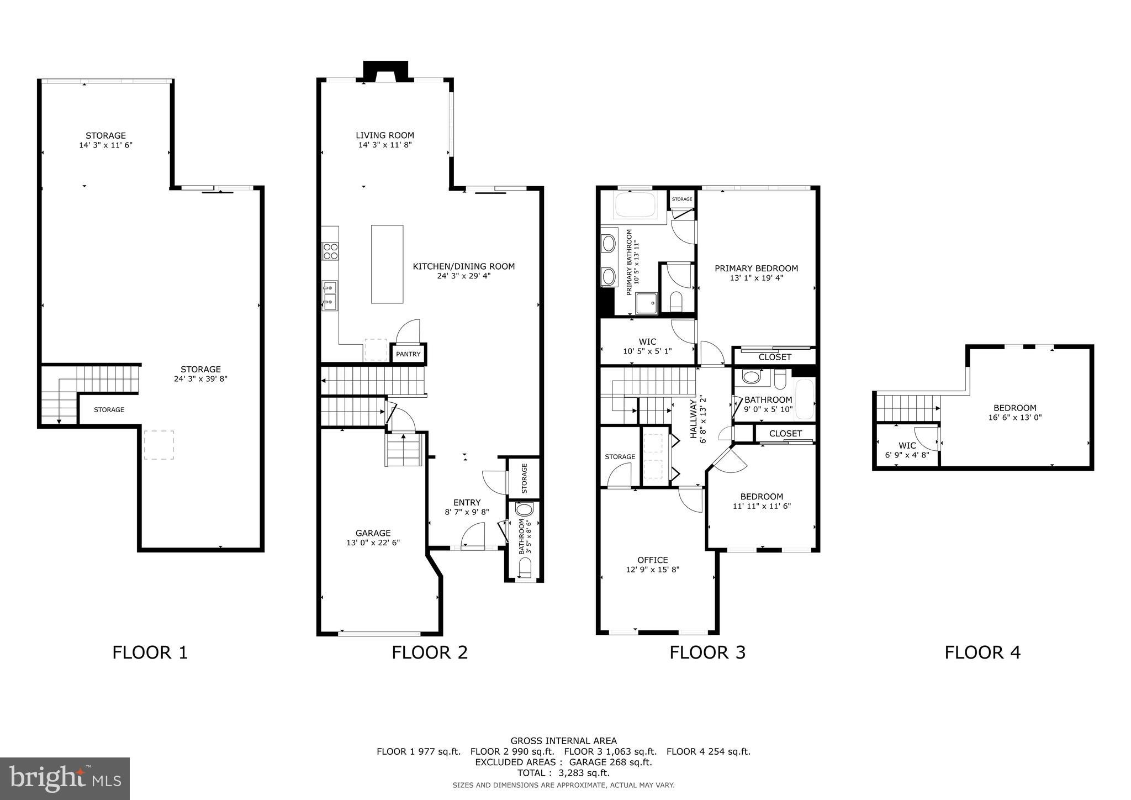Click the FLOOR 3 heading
[x=707, y=652]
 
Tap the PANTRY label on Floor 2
[x=408, y=354]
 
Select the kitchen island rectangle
[x=387, y=264]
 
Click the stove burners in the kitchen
[x=330, y=251]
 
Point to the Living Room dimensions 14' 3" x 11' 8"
[x=385, y=145]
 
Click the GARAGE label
[x=373, y=533]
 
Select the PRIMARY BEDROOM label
[x=756, y=269]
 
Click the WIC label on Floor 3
[x=647, y=342]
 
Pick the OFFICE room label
[x=652, y=560]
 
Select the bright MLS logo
[x=65, y=778]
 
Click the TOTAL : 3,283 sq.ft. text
[x=563, y=773]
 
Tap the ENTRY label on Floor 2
[x=467, y=502]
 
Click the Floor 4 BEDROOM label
[x=1014, y=408]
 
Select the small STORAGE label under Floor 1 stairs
[x=109, y=410]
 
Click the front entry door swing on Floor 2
[x=472, y=537]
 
